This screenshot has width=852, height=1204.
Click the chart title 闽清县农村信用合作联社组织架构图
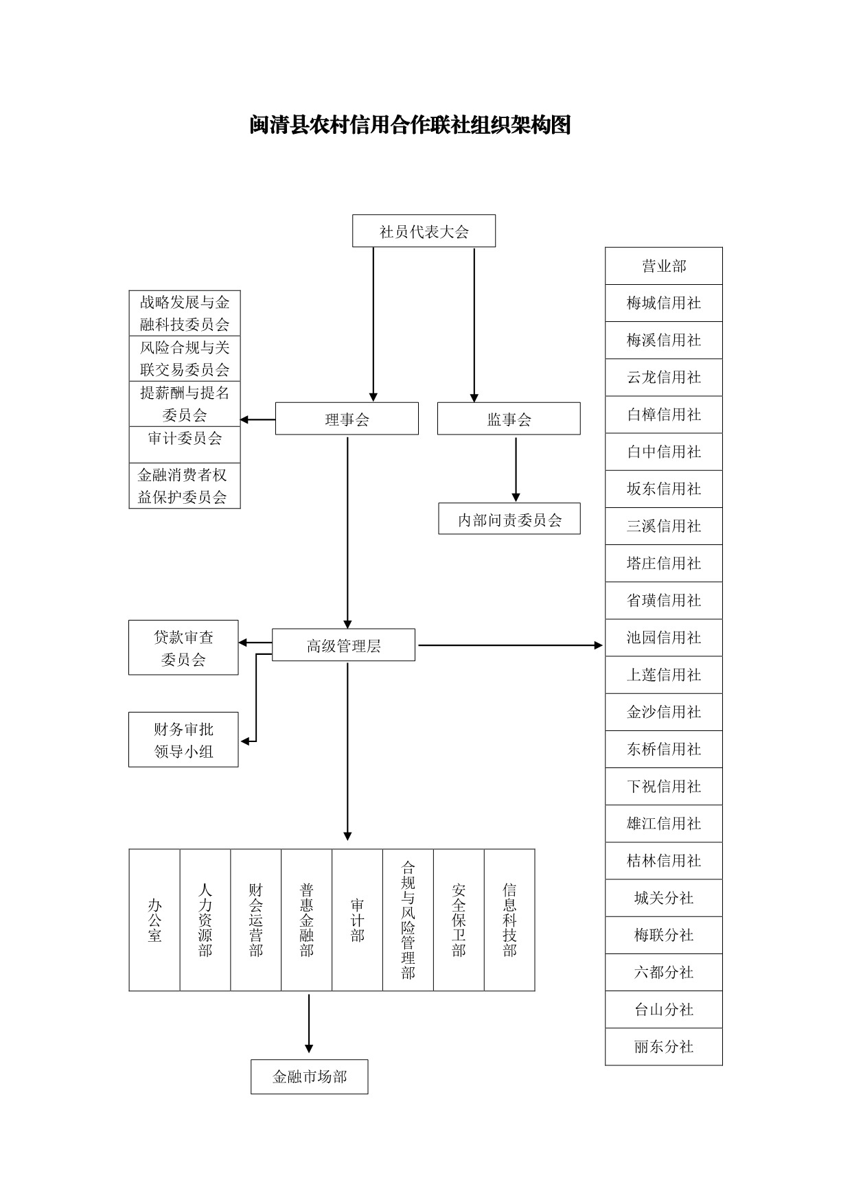pyautogui.click(x=410, y=125)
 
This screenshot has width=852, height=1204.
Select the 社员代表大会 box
pyautogui.click(x=424, y=231)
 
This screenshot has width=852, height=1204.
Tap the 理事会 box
pyautogui.click(x=347, y=419)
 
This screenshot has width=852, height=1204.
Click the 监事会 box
pyautogui.click(x=509, y=419)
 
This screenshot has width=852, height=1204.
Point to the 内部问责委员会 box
pyautogui.click(x=509, y=519)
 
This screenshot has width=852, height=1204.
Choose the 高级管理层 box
pyautogui.click(x=343, y=645)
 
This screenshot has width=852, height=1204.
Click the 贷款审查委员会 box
pyautogui.click(x=183, y=648)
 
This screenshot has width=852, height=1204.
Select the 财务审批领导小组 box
pyautogui.click(x=183, y=740)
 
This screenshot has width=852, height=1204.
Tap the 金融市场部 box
pyautogui.click(x=309, y=1076)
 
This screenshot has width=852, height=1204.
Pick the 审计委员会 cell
pyautogui.click(x=185, y=444)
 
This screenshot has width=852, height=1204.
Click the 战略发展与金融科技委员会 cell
pyautogui.click(x=185, y=313)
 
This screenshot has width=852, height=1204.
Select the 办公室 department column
pyautogui.click(x=154, y=920)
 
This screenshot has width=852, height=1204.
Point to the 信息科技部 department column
pyautogui.click(x=509, y=920)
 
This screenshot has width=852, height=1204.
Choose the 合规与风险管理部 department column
pyautogui.click(x=408, y=920)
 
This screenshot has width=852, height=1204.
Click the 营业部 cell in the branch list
pyautogui.click(x=664, y=266)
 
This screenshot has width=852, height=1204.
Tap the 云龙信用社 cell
pyautogui.click(x=664, y=378)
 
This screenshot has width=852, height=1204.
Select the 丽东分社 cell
pyautogui.click(x=664, y=1047)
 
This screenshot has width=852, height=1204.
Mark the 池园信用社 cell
pyautogui.click(x=664, y=638)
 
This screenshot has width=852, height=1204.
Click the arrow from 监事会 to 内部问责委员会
pyautogui.click(x=516, y=470)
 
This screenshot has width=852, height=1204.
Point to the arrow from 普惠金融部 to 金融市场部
pyautogui.click(x=309, y=1023)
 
